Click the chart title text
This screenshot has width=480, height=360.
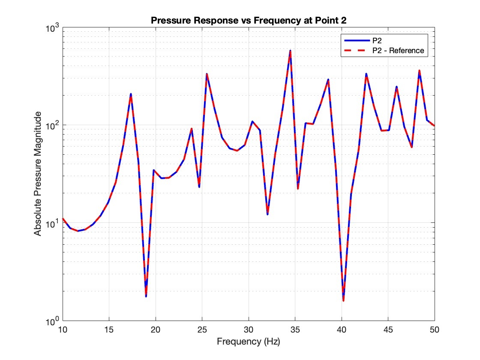[x=249, y=21]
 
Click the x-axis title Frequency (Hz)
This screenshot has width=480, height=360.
[x=249, y=342]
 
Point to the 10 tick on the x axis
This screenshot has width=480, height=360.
[x=63, y=330]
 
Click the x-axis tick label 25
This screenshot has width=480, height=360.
[x=202, y=330]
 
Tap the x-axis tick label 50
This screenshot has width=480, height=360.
[x=435, y=330]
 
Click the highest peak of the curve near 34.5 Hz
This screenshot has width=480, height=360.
[x=291, y=51]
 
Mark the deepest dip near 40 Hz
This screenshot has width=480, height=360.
[x=343, y=300]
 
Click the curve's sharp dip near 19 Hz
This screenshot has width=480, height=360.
[x=146, y=296]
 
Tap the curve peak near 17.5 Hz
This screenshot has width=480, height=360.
[x=131, y=94]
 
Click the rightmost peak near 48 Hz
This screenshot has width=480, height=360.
[x=419, y=71]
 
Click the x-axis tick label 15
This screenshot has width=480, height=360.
[x=109, y=330]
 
